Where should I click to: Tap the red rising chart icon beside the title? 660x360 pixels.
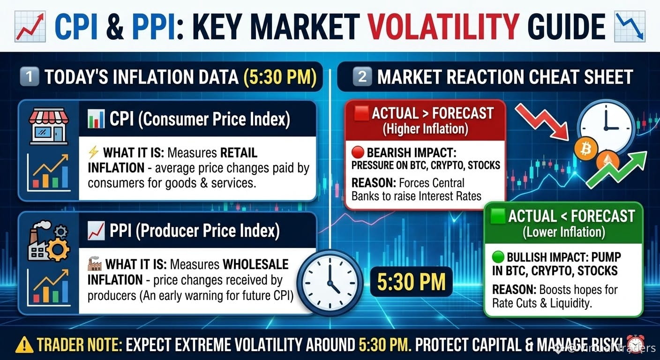[x=30, y=27]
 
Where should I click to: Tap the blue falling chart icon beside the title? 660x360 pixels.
[x=630, y=27]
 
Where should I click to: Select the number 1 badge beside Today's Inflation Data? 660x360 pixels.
[x=29, y=76]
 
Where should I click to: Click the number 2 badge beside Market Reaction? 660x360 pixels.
[x=362, y=76]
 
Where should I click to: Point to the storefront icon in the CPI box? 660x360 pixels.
[x=49, y=126]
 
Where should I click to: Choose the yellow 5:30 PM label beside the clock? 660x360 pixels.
[x=411, y=282]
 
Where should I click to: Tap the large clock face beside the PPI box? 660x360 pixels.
[x=330, y=282]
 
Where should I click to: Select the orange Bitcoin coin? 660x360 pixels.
[x=585, y=149]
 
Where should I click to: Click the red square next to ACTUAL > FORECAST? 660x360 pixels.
[x=361, y=113]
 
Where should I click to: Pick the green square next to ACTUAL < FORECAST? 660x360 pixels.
[x=498, y=216]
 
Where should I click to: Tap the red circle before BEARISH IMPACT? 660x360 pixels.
[x=358, y=152]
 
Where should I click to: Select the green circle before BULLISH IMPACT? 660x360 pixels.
[x=498, y=257]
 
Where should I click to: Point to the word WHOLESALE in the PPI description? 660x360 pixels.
[x=255, y=264]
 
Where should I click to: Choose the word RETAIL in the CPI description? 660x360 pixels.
[x=239, y=153]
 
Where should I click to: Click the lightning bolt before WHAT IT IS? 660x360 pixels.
[x=93, y=152]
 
